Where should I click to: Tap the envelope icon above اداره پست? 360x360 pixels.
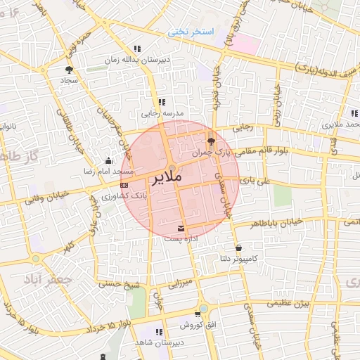point(182,229)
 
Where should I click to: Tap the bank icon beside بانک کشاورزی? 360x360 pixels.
point(124,185)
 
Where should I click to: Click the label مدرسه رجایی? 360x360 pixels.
point(162,113)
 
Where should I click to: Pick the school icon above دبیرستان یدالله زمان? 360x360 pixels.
point(138,49)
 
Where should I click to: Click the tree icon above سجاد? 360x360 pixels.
point(69,70)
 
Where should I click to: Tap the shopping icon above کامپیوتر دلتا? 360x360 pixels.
point(239,247)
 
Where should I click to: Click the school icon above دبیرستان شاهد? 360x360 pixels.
point(159,331)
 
